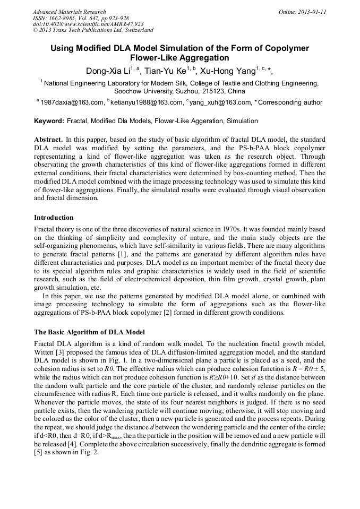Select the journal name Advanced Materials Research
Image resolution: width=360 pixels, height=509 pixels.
70,12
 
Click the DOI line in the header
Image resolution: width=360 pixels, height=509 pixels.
88,24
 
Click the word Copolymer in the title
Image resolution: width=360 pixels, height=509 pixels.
285,48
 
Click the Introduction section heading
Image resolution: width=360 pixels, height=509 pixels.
54,218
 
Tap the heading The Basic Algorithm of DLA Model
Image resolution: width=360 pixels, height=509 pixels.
89,332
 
